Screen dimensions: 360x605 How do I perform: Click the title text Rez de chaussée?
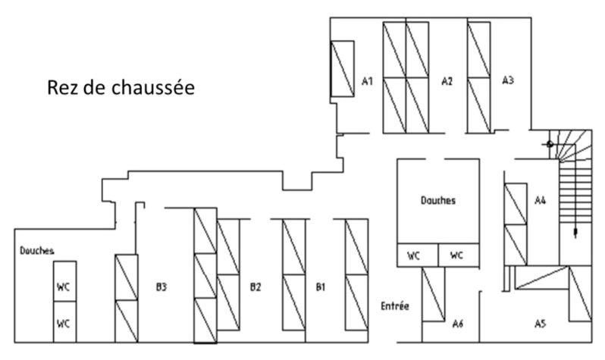point(121,88)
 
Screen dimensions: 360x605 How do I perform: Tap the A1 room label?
point(368,80)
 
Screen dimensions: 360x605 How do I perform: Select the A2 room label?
point(447,80)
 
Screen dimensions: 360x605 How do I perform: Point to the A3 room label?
point(509,80)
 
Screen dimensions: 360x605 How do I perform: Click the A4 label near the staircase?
point(541,201)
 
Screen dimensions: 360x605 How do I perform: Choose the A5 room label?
point(540,324)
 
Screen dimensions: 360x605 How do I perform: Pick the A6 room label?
point(457,324)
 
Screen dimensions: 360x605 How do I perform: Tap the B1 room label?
point(321,287)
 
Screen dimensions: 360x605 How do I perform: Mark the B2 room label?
point(255,287)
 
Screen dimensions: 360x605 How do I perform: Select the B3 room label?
point(161,287)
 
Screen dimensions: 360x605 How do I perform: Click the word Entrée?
point(394,306)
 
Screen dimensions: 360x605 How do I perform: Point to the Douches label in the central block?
point(438,201)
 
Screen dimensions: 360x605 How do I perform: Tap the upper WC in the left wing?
point(64,287)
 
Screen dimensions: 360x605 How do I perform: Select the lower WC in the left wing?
point(64,324)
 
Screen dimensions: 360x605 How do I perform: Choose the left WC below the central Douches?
point(414,256)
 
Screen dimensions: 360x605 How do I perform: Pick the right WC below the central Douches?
point(456,256)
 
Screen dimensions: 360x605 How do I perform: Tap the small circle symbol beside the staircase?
point(549,142)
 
